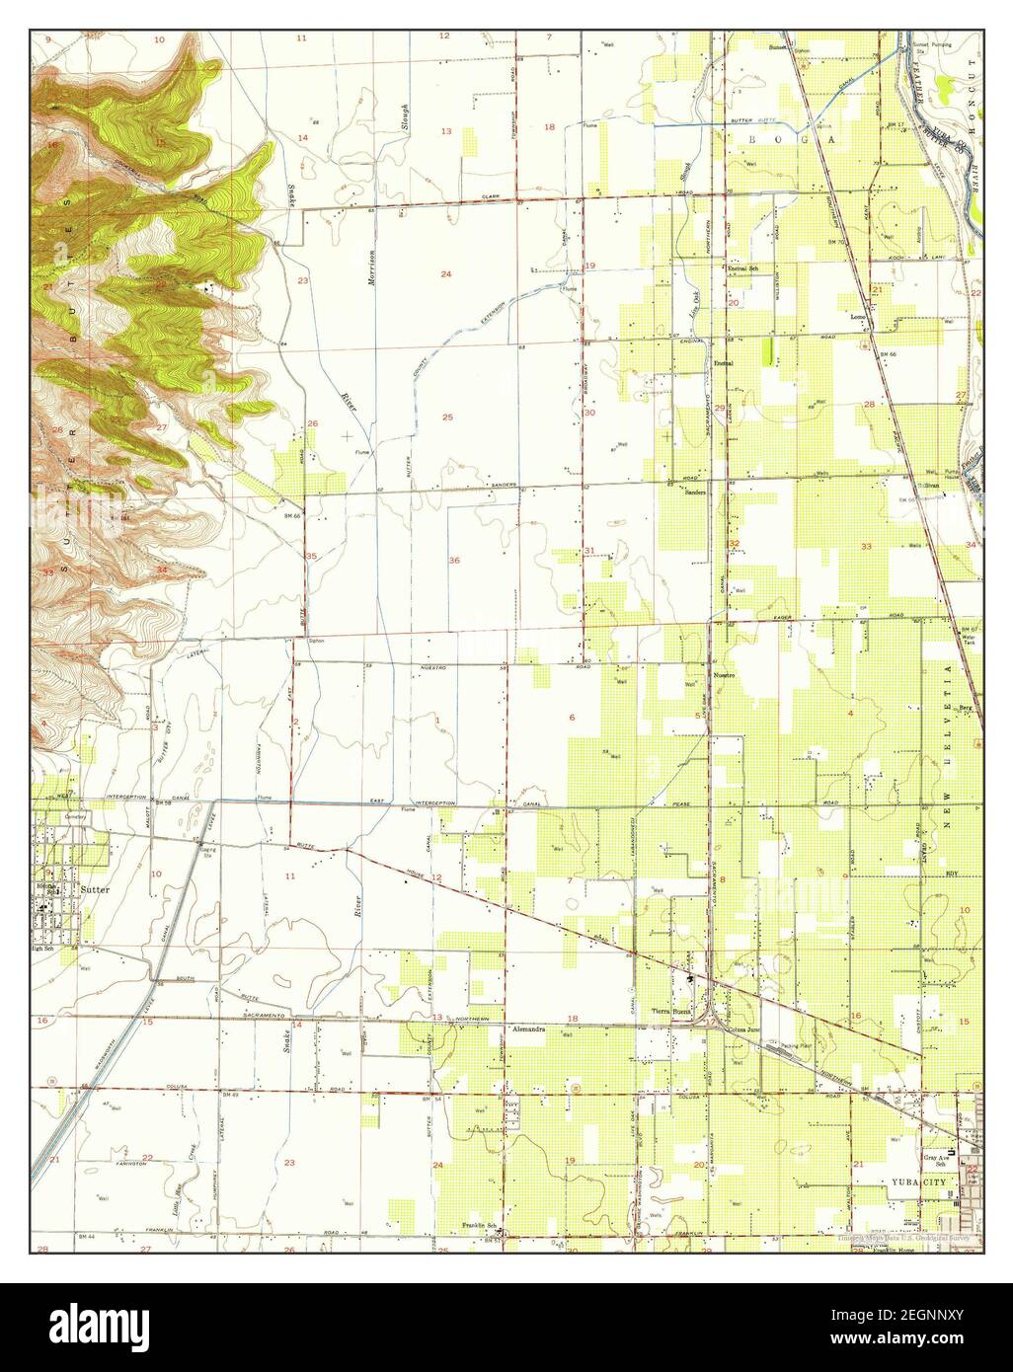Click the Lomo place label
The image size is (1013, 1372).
click(x=858, y=318)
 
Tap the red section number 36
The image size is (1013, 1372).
click(x=454, y=561)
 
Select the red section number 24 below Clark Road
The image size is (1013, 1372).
click(x=445, y=273)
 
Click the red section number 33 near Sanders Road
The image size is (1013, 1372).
click(x=866, y=546)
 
